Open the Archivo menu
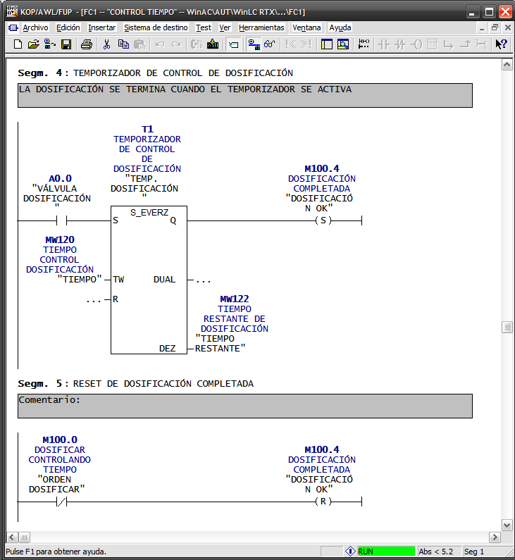point(35,27)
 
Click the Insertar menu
point(101,27)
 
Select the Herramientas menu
point(261,27)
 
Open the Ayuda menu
point(340,27)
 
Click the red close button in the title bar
point(505,11)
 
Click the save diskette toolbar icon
point(66,44)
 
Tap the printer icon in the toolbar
point(86,44)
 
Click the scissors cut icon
point(106,44)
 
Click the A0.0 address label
point(60,178)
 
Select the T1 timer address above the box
point(147,130)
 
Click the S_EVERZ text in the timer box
point(149,212)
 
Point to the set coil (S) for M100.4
point(323,220)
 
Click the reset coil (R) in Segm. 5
point(323,502)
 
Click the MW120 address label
point(60,239)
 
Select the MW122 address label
point(235,299)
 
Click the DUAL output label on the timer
point(165,280)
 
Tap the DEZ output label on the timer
point(168,349)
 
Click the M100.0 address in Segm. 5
point(60,440)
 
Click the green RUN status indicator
point(386,552)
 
